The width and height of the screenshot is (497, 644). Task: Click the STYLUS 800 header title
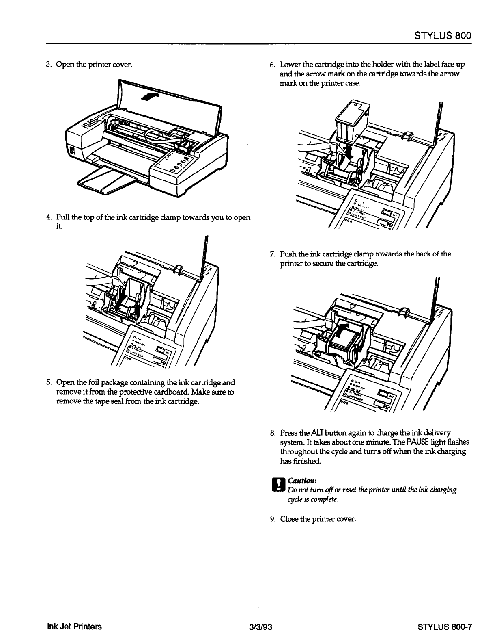coord(442,35)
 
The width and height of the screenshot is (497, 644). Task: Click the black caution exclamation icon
coord(280,487)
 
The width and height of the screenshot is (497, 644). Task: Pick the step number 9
coord(273,519)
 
